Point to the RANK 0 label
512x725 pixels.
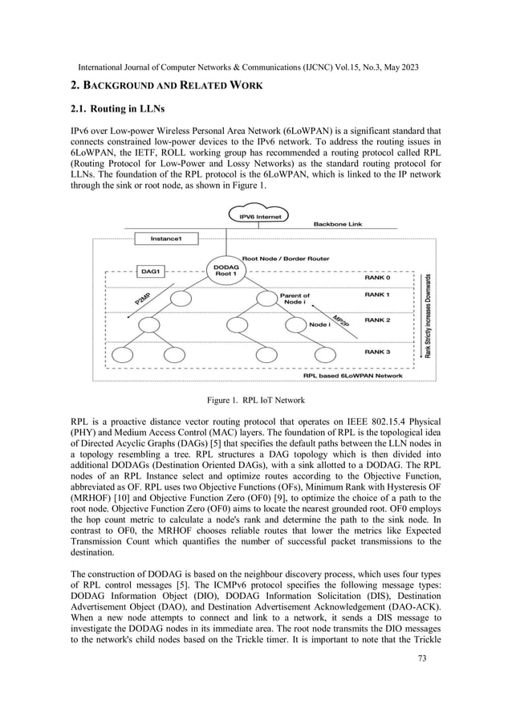[381, 279]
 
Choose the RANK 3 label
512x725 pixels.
[381, 352]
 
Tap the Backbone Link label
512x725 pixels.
[340, 224]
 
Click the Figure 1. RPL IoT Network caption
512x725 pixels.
[254, 398]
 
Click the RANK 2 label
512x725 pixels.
[381, 320]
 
